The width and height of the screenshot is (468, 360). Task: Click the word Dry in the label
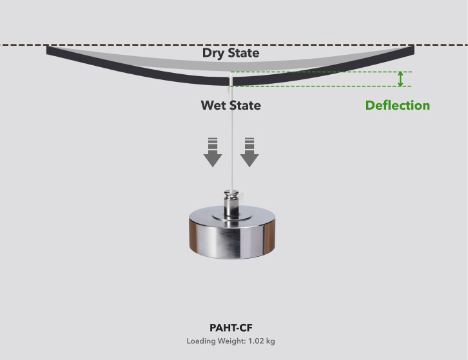[x=213, y=53]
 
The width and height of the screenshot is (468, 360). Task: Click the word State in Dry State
[x=244, y=53]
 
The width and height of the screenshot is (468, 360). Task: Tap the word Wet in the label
[x=213, y=105]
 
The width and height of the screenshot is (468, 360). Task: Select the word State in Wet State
[x=245, y=105]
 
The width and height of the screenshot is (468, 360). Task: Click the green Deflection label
[x=398, y=105]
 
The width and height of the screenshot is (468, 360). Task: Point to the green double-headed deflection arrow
[x=400, y=79]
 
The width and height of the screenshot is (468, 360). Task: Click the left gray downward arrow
[x=213, y=152]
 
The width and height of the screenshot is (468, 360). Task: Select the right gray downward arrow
[x=249, y=152]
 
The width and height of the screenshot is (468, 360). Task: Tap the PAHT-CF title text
[x=231, y=328]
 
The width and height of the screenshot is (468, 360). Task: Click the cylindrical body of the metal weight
[x=232, y=238]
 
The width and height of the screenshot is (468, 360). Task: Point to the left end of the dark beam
[x=47, y=50]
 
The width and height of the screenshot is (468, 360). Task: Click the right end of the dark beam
[x=414, y=50]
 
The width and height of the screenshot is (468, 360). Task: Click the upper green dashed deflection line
[x=321, y=72]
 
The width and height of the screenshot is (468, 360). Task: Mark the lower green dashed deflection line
[x=321, y=86]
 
